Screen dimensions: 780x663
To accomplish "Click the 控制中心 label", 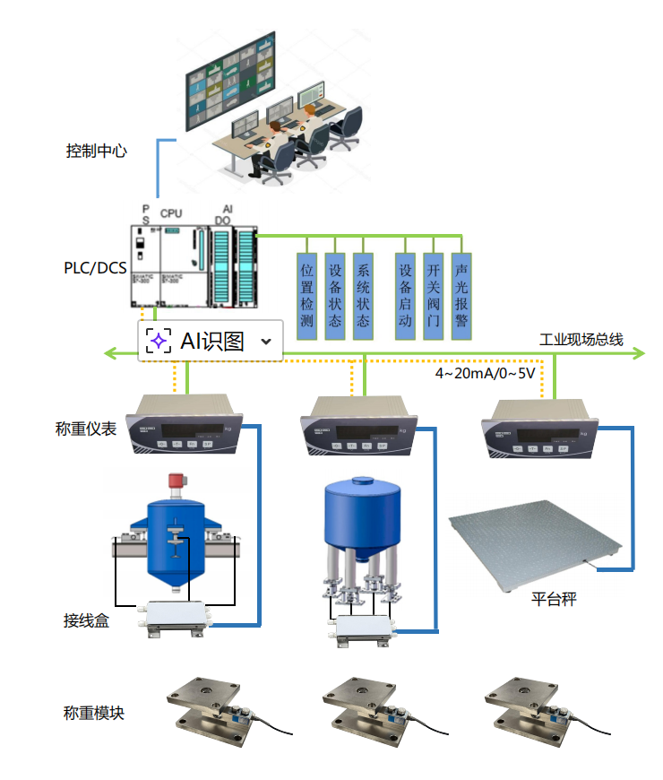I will click(96, 151).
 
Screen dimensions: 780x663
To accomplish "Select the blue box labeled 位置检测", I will click(307, 296).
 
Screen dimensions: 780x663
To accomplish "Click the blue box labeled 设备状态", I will click(335, 296).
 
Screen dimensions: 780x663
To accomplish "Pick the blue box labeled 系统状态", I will click(363, 296).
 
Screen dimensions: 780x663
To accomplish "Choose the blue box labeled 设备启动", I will click(406, 296).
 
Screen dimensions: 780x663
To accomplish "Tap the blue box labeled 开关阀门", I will click(434, 296).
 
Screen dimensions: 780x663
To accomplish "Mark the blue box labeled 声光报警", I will click(461, 296).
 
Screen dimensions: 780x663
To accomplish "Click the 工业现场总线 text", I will click(581, 340).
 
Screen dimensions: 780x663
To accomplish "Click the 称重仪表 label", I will click(86, 429).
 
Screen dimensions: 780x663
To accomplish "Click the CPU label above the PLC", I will click(171, 213).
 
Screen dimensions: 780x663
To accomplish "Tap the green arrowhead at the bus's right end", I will click(640, 353).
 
